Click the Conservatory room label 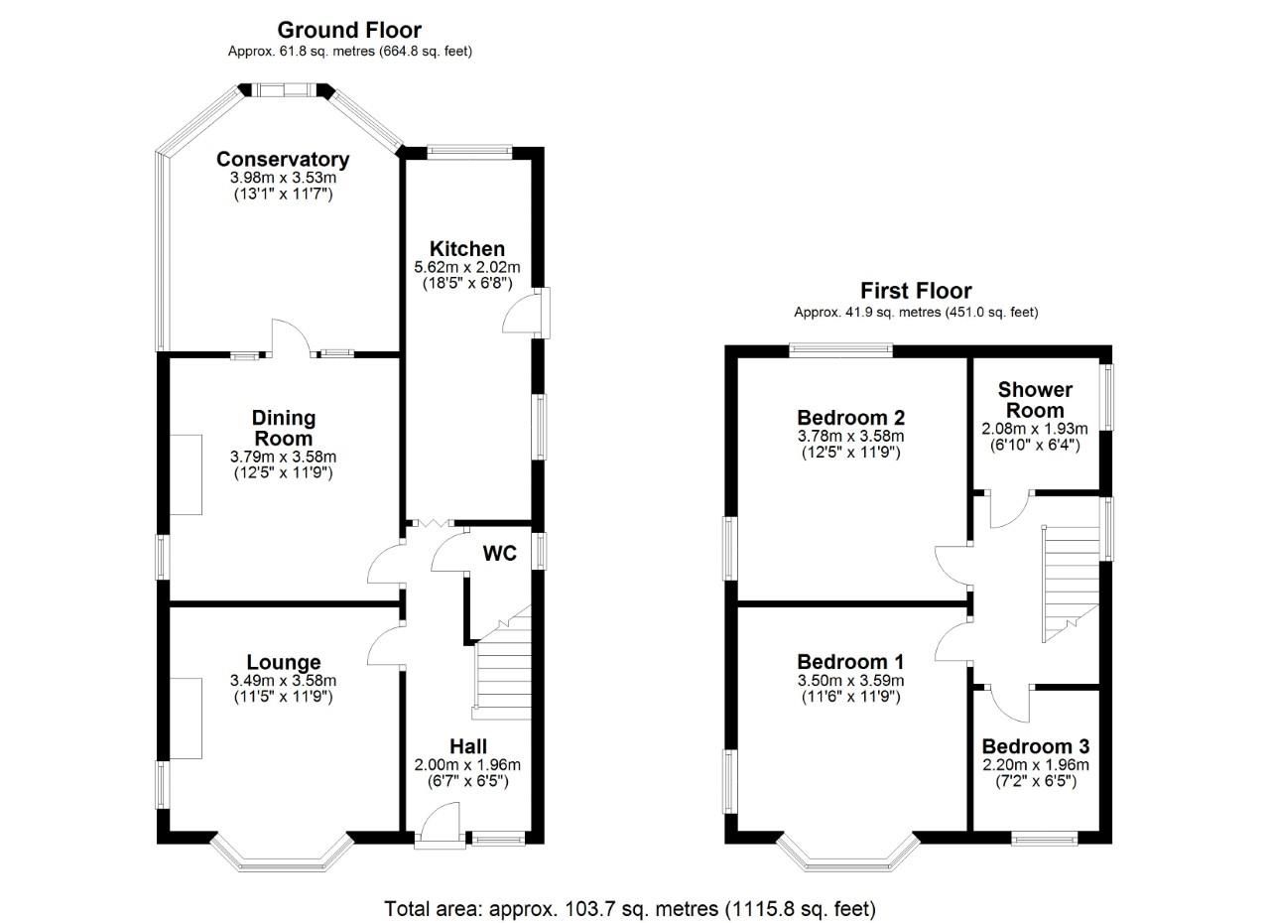pos(283,160)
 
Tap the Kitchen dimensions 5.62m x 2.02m pos(466,267)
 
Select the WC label pos(500,554)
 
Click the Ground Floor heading pos(348,30)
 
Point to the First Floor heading pos(915,291)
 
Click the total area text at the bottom pos(630,907)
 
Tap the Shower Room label pos(1035,400)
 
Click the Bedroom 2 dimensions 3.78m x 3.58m pos(851,436)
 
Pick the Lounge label pos(283,662)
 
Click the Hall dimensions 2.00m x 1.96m pos(467,765)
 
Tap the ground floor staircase pos(502,675)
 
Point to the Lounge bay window pos(283,856)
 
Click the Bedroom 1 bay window pos(847,857)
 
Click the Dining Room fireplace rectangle pos(186,473)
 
